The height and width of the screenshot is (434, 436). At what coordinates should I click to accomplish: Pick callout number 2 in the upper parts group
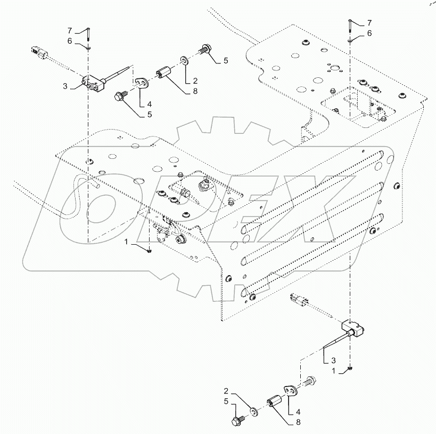(x=195, y=80)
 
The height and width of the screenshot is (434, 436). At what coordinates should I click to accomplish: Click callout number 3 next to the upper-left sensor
(x=65, y=85)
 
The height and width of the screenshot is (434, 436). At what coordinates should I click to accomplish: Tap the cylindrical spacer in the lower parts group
(x=276, y=401)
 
